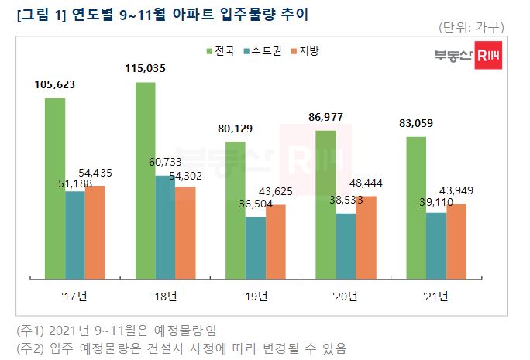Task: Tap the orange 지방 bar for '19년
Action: click(x=275, y=241)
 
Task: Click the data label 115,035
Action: click(x=151, y=70)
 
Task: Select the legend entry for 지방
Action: click(x=308, y=50)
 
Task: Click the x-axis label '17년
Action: click(x=74, y=295)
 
